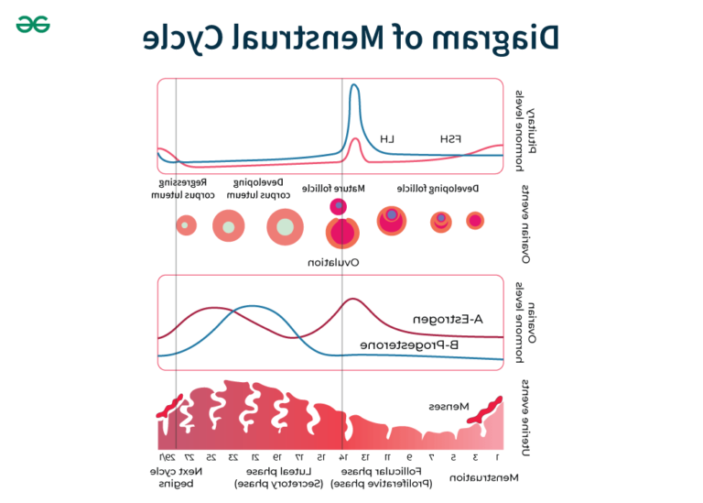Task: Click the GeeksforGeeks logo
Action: (32, 24)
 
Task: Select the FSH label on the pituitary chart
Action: (450, 139)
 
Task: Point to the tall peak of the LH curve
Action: (354, 89)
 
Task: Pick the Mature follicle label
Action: (341, 188)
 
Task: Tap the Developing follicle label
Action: (438, 188)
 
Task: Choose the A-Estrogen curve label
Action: (448, 320)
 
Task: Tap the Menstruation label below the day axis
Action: (484, 477)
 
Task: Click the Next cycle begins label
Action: (177, 476)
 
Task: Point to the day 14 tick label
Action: (342, 456)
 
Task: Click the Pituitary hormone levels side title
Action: (523, 128)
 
